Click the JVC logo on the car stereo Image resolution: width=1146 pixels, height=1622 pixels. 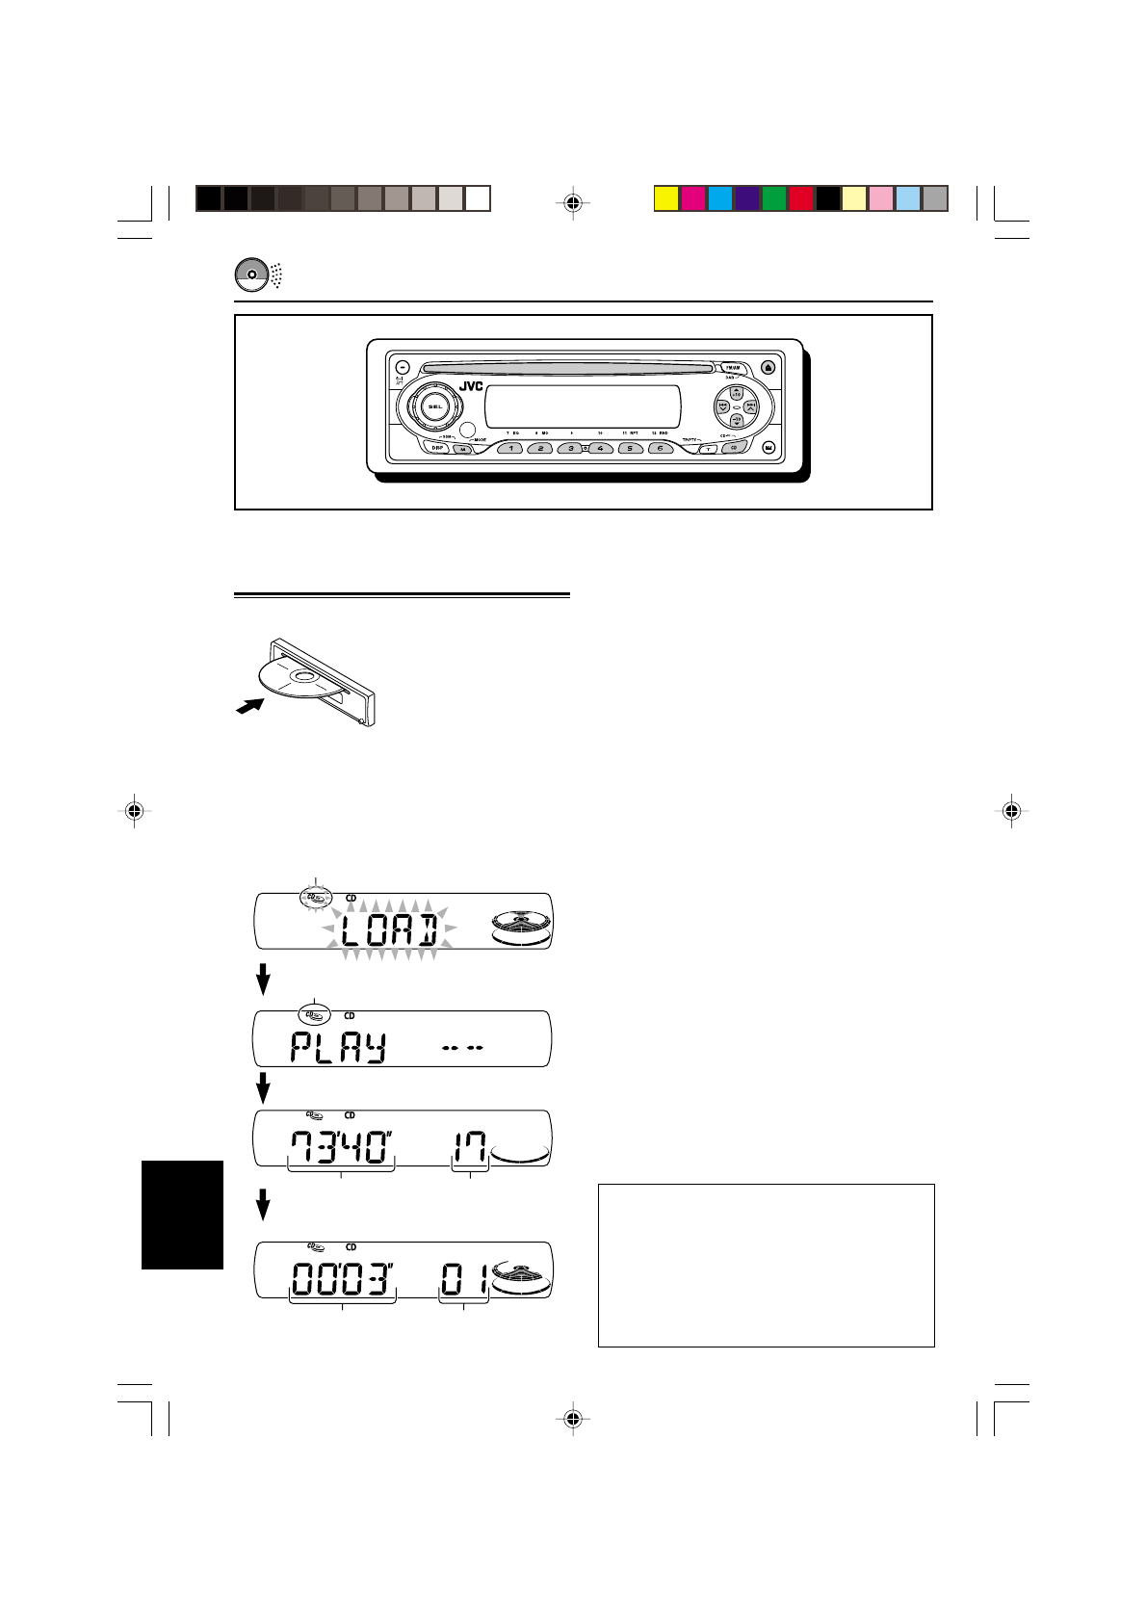(471, 387)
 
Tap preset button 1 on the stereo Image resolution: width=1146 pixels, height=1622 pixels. (510, 448)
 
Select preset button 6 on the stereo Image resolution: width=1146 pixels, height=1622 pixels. (661, 448)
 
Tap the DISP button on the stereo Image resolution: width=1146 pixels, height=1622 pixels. (438, 448)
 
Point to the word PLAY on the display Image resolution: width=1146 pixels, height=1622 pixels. (337, 1046)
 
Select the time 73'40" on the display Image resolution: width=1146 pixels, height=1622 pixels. (342, 1149)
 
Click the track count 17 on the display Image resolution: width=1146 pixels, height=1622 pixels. (469, 1149)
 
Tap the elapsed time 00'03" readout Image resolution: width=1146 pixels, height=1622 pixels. (342, 1282)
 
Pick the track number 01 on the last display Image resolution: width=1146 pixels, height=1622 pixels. (464, 1282)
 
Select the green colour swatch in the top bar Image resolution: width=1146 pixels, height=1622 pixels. (774, 198)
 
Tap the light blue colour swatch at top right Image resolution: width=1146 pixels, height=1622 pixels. (908, 198)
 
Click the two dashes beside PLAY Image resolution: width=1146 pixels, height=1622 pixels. (461, 1048)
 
